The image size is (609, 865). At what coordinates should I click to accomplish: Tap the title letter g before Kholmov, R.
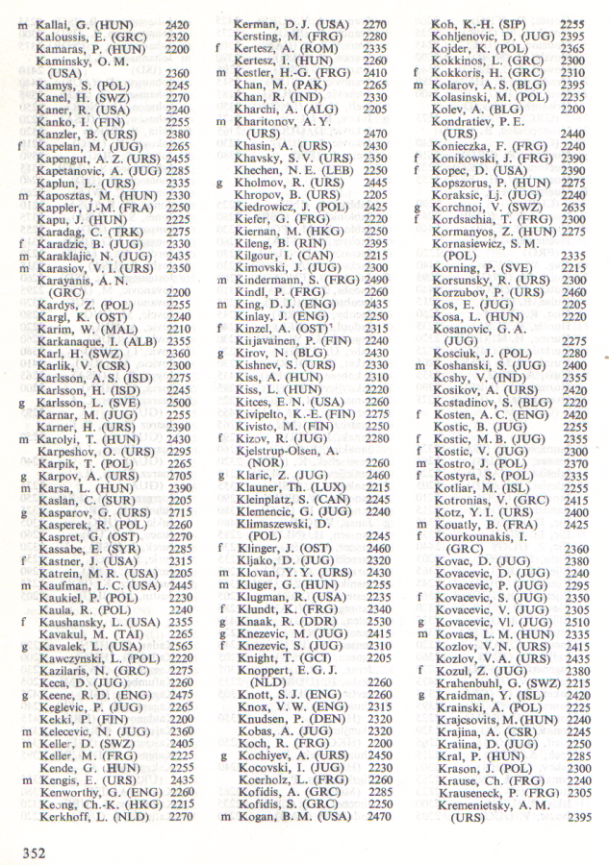point(221,180)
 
